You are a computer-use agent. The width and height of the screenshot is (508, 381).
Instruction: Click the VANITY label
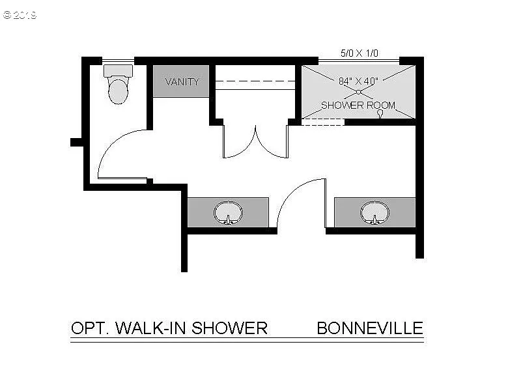[x=182, y=82]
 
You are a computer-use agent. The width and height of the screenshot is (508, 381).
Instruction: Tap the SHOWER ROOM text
[x=358, y=105]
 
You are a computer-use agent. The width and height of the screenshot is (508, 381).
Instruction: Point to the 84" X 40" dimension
[x=358, y=81]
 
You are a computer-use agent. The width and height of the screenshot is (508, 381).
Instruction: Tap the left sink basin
[x=228, y=212]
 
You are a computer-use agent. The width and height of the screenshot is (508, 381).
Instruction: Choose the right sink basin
[x=374, y=212]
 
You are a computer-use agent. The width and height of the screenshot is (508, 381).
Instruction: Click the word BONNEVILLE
[x=370, y=328]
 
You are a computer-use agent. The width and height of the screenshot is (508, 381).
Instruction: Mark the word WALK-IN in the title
[x=147, y=328]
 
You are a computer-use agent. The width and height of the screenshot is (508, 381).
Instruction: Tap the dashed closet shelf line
[x=255, y=82]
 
